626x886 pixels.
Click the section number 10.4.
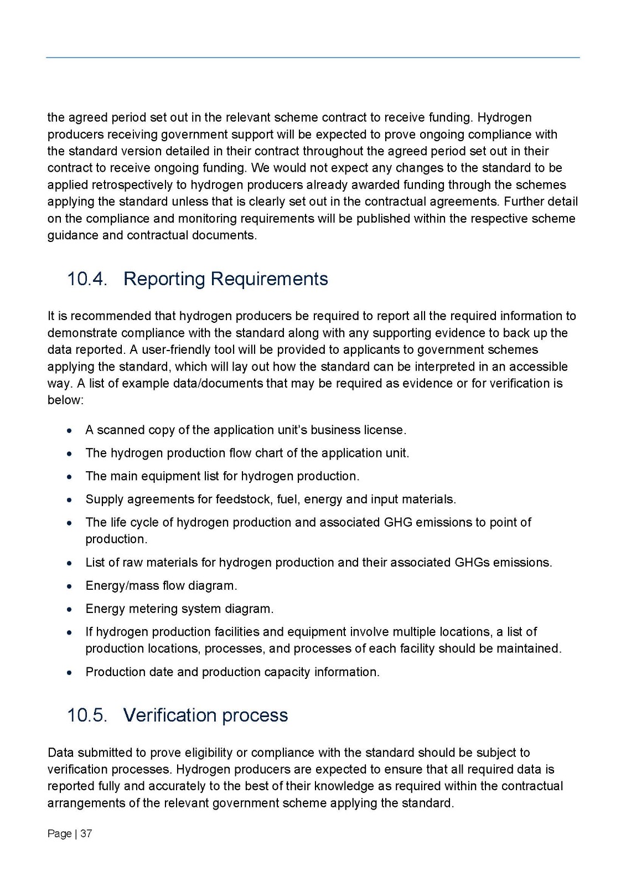click(86, 279)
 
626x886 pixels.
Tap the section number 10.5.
click(86, 715)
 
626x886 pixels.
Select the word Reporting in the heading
click(163, 279)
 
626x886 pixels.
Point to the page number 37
click(86, 833)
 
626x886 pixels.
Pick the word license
click(385, 430)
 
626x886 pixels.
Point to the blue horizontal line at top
click(313, 57)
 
